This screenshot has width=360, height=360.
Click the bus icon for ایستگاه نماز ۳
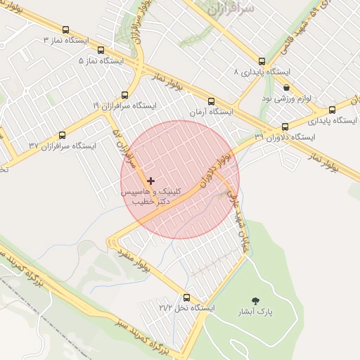[x=65, y=30]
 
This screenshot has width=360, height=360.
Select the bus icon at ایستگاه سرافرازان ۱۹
[x=125, y=95]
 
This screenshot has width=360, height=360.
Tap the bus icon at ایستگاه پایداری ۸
[x=262, y=61]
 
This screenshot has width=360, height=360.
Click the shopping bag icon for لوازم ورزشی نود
[x=286, y=87]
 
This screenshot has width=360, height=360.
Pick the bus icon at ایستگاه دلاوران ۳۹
[x=285, y=127]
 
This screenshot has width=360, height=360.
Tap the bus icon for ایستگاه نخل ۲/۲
[x=186, y=297]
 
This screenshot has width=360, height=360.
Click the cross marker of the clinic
[x=150, y=181]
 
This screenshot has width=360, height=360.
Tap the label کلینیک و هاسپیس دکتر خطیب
[x=151, y=195]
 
